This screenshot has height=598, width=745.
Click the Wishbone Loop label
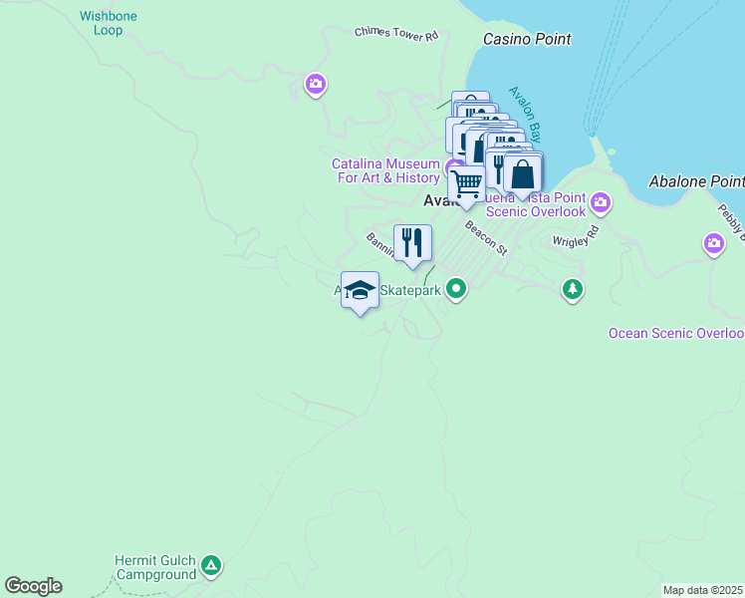[110, 23]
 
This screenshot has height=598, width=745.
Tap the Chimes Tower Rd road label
[396, 33]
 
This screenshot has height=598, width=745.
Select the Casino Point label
[527, 39]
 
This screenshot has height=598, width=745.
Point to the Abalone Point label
[696, 181]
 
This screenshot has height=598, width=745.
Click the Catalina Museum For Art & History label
[385, 170]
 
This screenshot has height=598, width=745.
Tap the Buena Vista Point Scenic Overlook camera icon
[600, 203]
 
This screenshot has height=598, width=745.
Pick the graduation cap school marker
[360, 290]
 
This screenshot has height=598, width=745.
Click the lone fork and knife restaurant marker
[412, 242]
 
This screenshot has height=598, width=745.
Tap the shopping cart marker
[466, 183]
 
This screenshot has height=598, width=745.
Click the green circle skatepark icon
[456, 290]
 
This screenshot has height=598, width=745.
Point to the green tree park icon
[572, 290]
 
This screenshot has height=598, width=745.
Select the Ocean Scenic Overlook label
[676, 333]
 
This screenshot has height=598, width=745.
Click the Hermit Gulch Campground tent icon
[210, 567]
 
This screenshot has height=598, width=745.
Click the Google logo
[33, 586]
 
